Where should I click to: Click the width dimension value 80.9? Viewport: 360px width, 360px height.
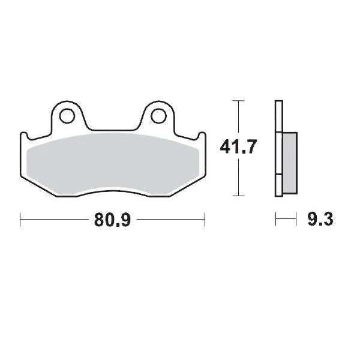(112, 220)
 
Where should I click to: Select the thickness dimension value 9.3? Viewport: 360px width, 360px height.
(320, 220)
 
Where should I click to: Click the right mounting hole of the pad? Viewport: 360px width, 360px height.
(158, 114)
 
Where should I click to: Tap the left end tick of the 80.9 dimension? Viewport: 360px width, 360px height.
(20, 220)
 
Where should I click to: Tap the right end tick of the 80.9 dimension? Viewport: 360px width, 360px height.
(205, 220)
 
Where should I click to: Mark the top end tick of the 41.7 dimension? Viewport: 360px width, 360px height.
(238, 100)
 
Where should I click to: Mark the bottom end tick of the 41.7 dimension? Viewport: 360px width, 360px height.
(238, 196)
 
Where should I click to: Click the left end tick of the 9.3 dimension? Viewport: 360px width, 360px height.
(276, 220)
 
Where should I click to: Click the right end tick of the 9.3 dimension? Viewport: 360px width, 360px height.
(296, 220)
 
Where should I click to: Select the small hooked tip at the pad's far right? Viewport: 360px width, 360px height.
(203, 134)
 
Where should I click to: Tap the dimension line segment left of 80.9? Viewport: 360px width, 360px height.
(54, 220)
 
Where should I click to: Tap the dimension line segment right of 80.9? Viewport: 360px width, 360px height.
(171, 220)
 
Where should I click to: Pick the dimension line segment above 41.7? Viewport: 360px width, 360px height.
(238, 117)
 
